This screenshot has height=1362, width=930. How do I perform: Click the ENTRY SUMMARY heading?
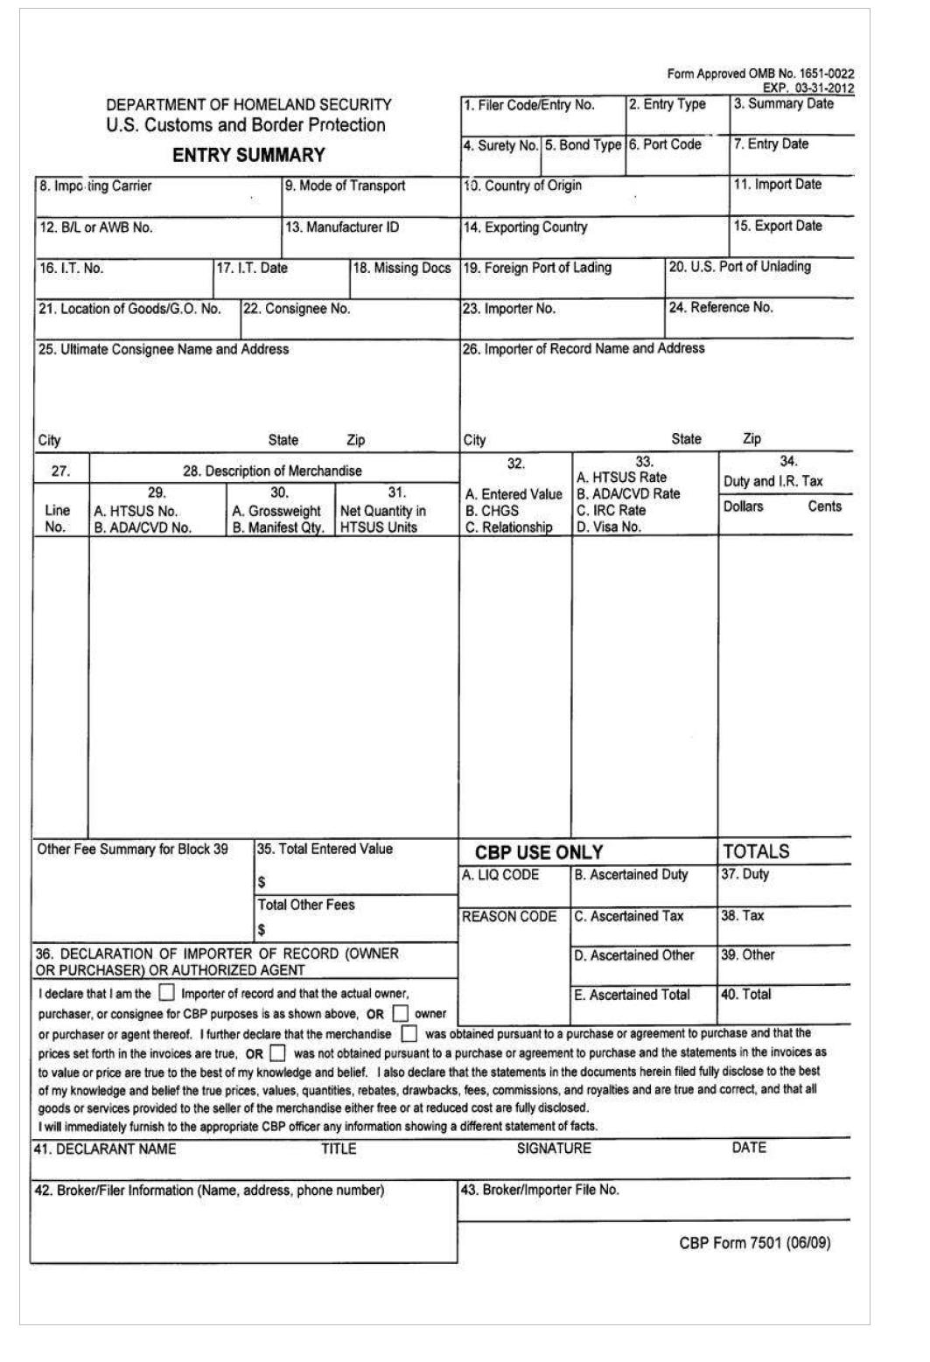coord(248,156)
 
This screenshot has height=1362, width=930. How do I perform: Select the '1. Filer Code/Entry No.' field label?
coord(529,106)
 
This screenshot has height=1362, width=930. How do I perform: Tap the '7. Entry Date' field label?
coord(771,144)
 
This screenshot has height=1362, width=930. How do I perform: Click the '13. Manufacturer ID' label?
coord(342,227)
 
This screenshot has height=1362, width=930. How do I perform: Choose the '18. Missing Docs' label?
coord(402,269)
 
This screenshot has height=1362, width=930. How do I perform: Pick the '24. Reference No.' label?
coord(721,308)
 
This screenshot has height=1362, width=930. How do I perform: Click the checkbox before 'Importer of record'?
coord(166,994)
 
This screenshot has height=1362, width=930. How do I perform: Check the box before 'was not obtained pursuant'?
coord(277,1052)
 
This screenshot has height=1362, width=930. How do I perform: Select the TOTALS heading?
coord(756,852)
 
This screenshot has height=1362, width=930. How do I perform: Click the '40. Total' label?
coord(745,995)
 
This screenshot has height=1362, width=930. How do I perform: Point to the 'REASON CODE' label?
coord(509,917)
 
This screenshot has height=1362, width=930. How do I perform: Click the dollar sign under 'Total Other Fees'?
coord(262,930)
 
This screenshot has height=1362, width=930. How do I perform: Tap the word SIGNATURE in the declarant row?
coord(554,1149)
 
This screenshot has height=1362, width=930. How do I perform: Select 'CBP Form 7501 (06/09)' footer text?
coord(754,1243)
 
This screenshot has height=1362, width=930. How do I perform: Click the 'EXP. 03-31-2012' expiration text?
coord(808,87)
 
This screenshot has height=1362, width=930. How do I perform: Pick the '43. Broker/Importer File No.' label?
coord(541,1191)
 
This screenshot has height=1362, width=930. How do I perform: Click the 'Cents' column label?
coord(824,506)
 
